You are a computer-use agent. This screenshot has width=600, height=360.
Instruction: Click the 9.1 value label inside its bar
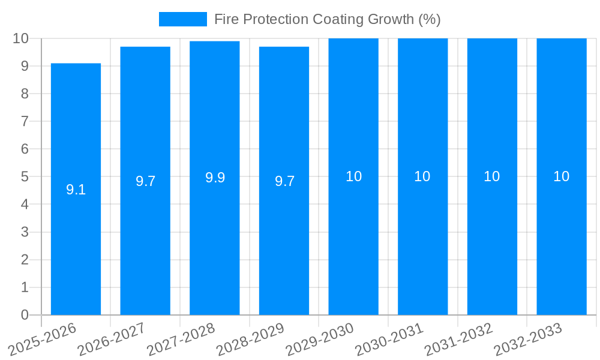coord(76,190)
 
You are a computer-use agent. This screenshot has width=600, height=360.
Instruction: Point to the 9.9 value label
coord(215,178)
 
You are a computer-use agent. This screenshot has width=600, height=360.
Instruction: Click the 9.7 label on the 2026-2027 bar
coord(145,182)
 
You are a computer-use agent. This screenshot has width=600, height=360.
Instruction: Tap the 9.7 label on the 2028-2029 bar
coord(284,182)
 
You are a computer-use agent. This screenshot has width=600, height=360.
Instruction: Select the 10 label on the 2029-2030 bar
coord(353,176)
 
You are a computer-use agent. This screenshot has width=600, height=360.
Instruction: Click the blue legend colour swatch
coord(182,19)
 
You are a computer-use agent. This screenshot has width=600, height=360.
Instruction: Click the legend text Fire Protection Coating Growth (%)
coord(327,19)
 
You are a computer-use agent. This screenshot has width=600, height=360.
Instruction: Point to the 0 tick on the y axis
coord(25,315)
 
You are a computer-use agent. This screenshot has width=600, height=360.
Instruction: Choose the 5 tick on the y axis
coord(25,177)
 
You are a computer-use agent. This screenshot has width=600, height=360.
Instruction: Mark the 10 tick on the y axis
coord(21,38)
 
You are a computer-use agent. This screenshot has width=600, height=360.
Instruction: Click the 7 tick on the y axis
coord(25,121)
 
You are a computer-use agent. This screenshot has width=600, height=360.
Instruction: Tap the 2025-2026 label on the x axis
coord(43,338)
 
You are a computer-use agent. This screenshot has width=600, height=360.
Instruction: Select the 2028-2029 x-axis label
coord(251,338)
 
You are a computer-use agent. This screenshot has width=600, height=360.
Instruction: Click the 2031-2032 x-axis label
coord(459,338)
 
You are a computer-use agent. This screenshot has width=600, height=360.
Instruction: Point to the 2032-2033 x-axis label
coord(529,338)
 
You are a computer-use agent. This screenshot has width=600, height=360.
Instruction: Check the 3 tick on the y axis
coord(25,232)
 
